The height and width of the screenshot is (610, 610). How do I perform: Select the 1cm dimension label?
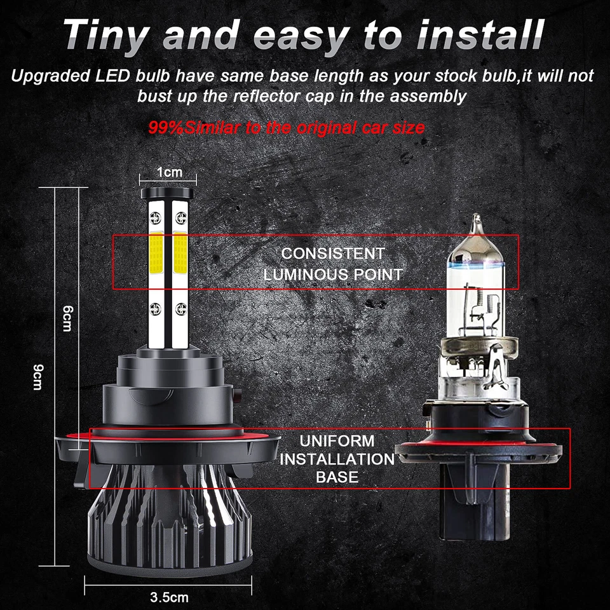pyautogui.click(x=169, y=172)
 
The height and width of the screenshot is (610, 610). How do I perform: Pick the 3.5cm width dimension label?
pyautogui.click(x=169, y=597)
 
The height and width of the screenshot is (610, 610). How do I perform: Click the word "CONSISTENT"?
pyautogui.click(x=333, y=254)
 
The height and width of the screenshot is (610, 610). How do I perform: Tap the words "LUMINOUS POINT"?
pyautogui.click(x=333, y=274)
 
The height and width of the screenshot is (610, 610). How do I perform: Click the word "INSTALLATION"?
pyautogui.click(x=337, y=459)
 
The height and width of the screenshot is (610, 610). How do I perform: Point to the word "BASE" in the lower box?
pyautogui.click(x=337, y=477)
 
